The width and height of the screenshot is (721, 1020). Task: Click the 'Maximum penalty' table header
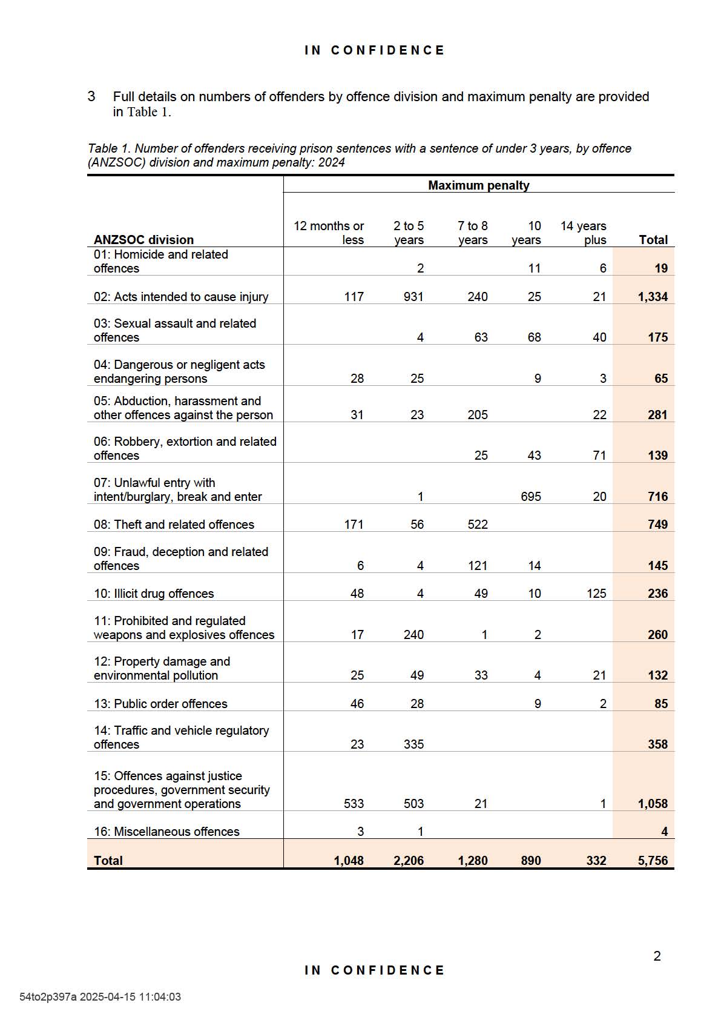[478, 185]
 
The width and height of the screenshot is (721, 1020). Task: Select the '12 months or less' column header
[329, 233]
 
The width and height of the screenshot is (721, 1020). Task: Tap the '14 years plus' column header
[583, 233]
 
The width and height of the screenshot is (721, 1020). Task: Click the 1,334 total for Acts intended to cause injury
[653, 297]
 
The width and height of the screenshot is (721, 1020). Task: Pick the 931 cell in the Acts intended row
[413, 297]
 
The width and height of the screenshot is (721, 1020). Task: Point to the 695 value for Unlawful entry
[531, 497]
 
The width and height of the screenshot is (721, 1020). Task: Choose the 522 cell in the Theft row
[478, 525]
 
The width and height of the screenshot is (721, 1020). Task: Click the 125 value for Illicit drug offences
[596, 594]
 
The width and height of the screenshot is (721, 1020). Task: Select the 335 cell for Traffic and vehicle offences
[413, 744]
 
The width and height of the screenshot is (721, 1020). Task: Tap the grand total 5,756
[653, 861]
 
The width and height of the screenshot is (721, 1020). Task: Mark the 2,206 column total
[409, 861]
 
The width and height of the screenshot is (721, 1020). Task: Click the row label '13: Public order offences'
[160, 704]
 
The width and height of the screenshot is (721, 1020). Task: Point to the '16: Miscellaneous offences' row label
[166, 832]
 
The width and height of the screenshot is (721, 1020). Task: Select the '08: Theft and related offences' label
[174, 525]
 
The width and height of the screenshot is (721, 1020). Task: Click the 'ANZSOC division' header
[143, 240]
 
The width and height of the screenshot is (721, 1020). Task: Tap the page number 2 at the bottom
[657, 956]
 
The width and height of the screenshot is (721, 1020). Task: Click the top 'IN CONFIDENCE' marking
[375, 50]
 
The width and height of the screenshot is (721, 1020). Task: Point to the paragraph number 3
[91, 96]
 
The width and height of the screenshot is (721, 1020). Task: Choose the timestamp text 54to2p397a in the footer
[48, 997]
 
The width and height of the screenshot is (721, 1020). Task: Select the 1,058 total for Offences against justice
[653, 804]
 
